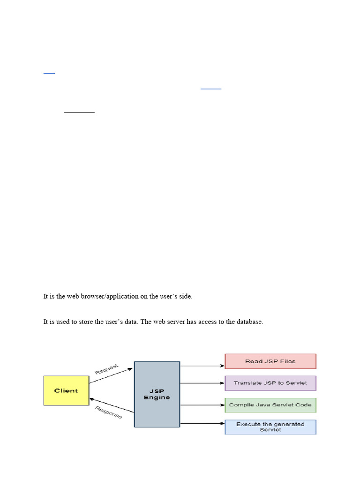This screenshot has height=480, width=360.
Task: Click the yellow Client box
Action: [x=66, y=390]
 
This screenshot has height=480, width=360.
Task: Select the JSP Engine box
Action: [x=157, y=394]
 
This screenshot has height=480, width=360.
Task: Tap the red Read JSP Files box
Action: [x=270, y=361]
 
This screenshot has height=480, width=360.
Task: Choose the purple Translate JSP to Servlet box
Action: [x=270, y=383]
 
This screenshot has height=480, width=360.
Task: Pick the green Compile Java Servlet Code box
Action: [x=270, y=405]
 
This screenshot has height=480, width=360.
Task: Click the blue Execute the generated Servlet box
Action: [x=270, y=427]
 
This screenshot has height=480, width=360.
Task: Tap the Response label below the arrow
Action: [x=108, y=412]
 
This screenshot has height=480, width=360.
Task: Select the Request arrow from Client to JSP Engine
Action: [x=111, y=375]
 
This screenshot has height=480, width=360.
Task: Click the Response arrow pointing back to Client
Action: [x=112, y=405]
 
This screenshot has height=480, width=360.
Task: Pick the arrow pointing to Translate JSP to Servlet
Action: [x=202, y=383]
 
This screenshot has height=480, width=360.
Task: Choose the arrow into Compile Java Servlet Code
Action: [x=202, y=405]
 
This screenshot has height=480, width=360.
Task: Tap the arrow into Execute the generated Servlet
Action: [x=202, y=424]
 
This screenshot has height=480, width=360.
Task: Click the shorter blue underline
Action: [x=49, y=73]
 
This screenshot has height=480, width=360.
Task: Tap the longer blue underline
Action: [x=211, y=89]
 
